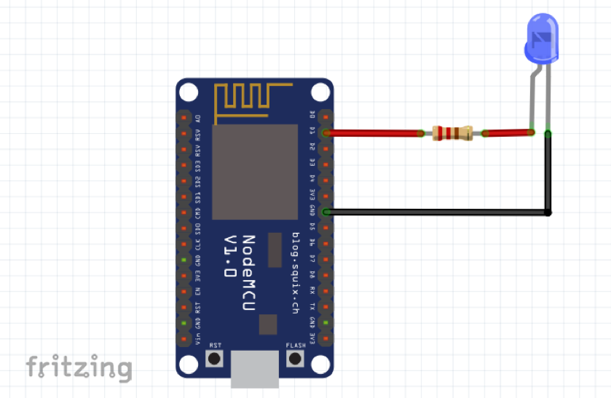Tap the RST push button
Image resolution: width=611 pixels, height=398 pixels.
point(214,358)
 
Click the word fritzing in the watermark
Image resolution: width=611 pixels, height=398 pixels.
point(79,367)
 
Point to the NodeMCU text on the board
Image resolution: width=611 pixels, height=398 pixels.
point(248,268)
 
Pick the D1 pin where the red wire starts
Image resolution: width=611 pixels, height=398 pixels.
point(325,132)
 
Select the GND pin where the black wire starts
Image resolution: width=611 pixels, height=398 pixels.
point(325,212)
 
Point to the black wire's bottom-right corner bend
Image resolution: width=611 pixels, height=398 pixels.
point(548,212)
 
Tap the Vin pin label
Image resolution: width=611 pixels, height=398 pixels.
point(197,339)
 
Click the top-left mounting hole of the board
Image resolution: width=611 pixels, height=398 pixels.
point(189,92)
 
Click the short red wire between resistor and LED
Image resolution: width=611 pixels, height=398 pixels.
point(506,133)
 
